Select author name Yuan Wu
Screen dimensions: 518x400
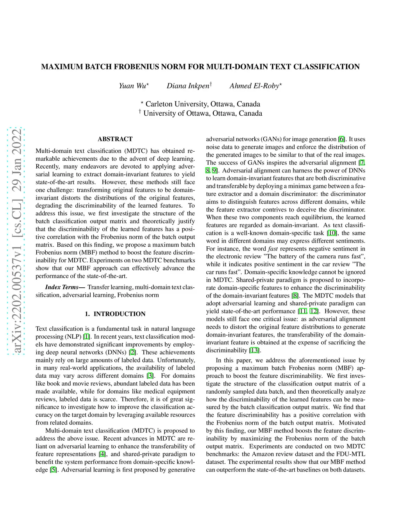(133, 86)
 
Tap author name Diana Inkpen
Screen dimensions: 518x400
(188, 86)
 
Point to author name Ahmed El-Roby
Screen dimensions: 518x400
(255, 86)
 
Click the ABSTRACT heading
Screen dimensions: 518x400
(115, 139)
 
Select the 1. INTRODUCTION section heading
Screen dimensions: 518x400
(115, 314)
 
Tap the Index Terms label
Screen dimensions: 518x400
(65, 287)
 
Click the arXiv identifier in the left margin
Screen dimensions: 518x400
(16, 240)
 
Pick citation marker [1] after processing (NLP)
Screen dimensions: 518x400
(87, 337)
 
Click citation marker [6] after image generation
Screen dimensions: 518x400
(342, 139)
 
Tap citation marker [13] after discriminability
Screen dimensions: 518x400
(254, 350)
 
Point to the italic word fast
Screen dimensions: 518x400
(273, 249)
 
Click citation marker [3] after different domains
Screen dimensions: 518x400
(150, 376)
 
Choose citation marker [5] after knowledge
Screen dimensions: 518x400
(53, 470)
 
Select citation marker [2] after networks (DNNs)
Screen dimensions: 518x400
(133, 352)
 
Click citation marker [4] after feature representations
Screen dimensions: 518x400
(102, 454)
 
